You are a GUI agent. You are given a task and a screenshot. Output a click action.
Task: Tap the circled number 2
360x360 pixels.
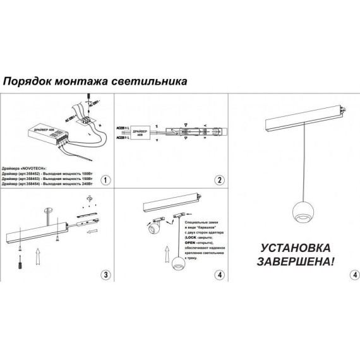pos(219,180)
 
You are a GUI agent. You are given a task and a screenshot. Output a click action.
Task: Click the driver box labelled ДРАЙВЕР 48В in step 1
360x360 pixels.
pos(41,135)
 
